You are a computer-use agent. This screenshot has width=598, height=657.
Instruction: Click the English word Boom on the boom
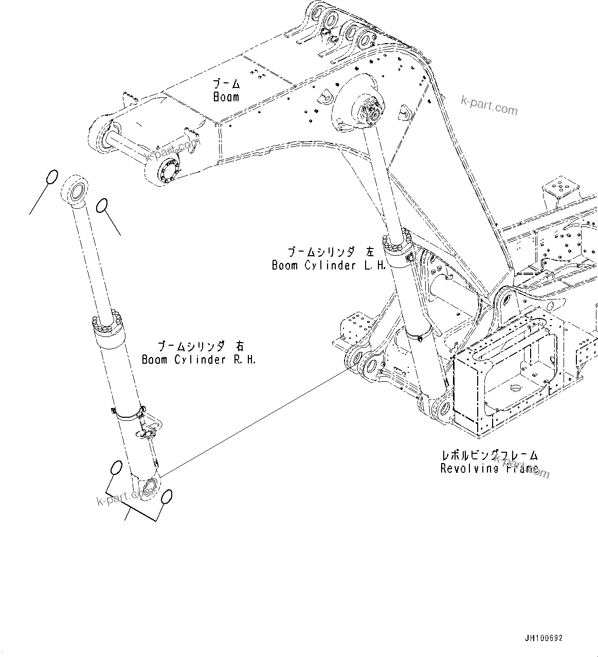pos(226,97)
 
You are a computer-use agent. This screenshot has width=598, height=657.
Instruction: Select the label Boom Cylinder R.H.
pos(198,360)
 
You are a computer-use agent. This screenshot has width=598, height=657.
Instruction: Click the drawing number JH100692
pos(543,638)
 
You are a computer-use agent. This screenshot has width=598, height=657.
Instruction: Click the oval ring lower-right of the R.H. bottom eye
pos(166,497)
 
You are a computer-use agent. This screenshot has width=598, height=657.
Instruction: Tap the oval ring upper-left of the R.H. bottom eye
pos(116,468)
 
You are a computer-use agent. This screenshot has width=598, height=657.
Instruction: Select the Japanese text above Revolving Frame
pos(490,455)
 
